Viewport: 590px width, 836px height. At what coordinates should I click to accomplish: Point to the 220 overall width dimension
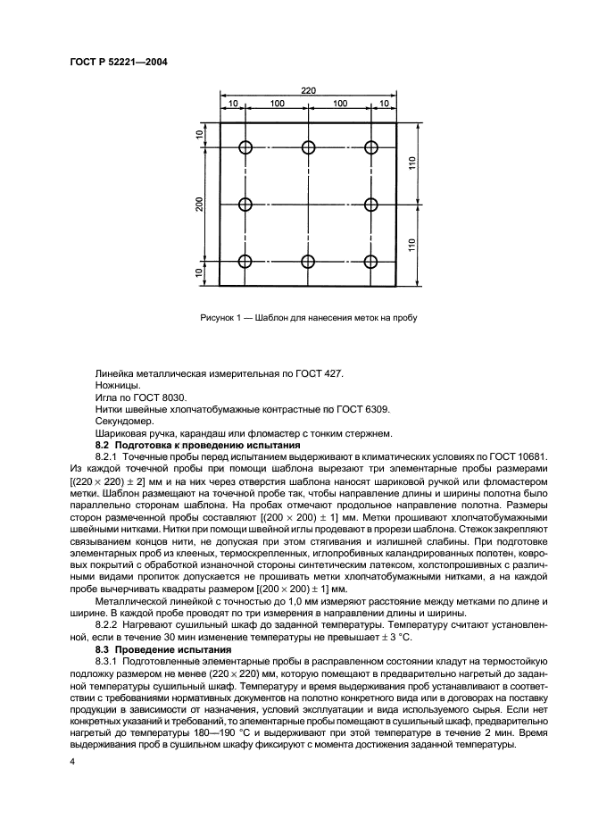pyautogui.click(x=308, y=90)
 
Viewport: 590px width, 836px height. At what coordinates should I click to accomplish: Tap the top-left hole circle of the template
pyautogui.click(x=245, y=147)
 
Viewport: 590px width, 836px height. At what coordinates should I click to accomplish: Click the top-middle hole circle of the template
pyautogui.click(x=308, y=147)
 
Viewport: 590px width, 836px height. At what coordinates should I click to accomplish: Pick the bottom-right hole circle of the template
pyautogui.click(x=371, y=261)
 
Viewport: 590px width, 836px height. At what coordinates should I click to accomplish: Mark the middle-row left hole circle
pyautogui.click(x=245, y=205)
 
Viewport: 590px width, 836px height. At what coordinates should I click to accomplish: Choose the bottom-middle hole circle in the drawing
pyautogui.click(x=308, y=261)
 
